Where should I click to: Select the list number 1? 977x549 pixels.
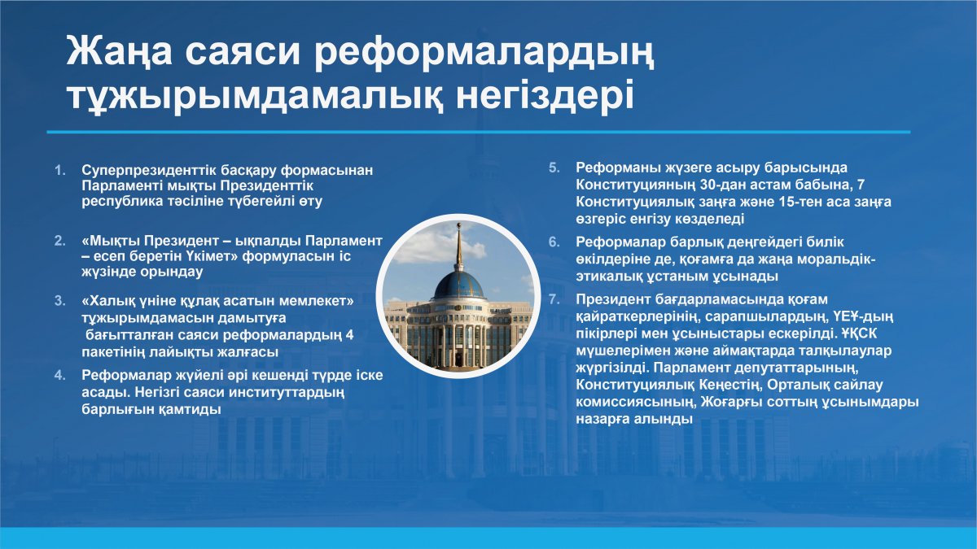(x=59, y=170)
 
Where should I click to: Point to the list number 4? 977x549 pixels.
(x=59, y=376)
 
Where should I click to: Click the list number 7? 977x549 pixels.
(x=554, y=300)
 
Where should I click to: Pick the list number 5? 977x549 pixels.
(x=554, y=168)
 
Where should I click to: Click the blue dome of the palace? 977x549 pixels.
(x=459, y=285)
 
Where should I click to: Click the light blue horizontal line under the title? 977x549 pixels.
(x=479, y=132)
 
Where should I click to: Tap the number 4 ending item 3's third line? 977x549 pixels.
(x=349, y=335)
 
